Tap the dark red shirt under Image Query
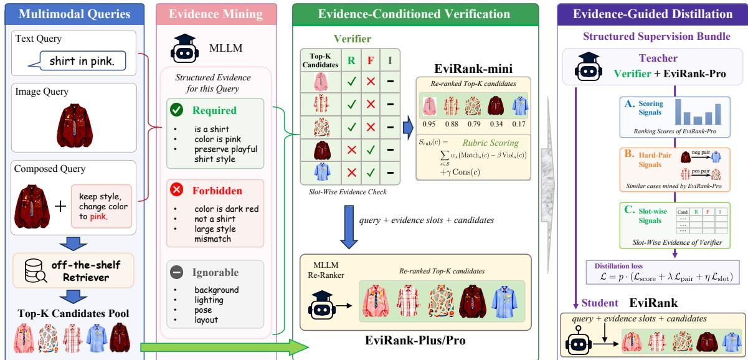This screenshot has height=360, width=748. click(x=75, y=125)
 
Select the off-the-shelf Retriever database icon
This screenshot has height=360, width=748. click(x=36, y=270)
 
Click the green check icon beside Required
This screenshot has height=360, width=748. click(x=176, y=110)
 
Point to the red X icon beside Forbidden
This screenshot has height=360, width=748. click(x=176, y=190)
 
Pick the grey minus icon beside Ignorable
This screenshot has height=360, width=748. click(x=176, y=272)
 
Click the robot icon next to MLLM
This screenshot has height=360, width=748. click(x=184, y=49)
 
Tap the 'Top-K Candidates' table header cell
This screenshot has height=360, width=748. click(x=320, y=60)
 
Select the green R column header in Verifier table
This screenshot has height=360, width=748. click(x=351, y=60)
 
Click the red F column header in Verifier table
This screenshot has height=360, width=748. click(x=371, y=60)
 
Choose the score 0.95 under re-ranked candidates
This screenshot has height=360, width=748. click(x=428, y=124)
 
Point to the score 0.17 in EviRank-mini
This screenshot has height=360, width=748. click(x=519, y=124)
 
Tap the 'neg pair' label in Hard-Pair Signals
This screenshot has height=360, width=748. click(x=701, y=152)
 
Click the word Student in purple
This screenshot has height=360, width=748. click(x=600, y=303)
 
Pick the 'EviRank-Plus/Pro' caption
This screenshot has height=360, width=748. click(x=415, y=340)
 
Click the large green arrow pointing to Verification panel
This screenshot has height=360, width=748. click(x=224, y=348)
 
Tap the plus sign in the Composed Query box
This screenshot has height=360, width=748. click(x=60, y=206)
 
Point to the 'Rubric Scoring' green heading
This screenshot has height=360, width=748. click(x=491, y=143)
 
